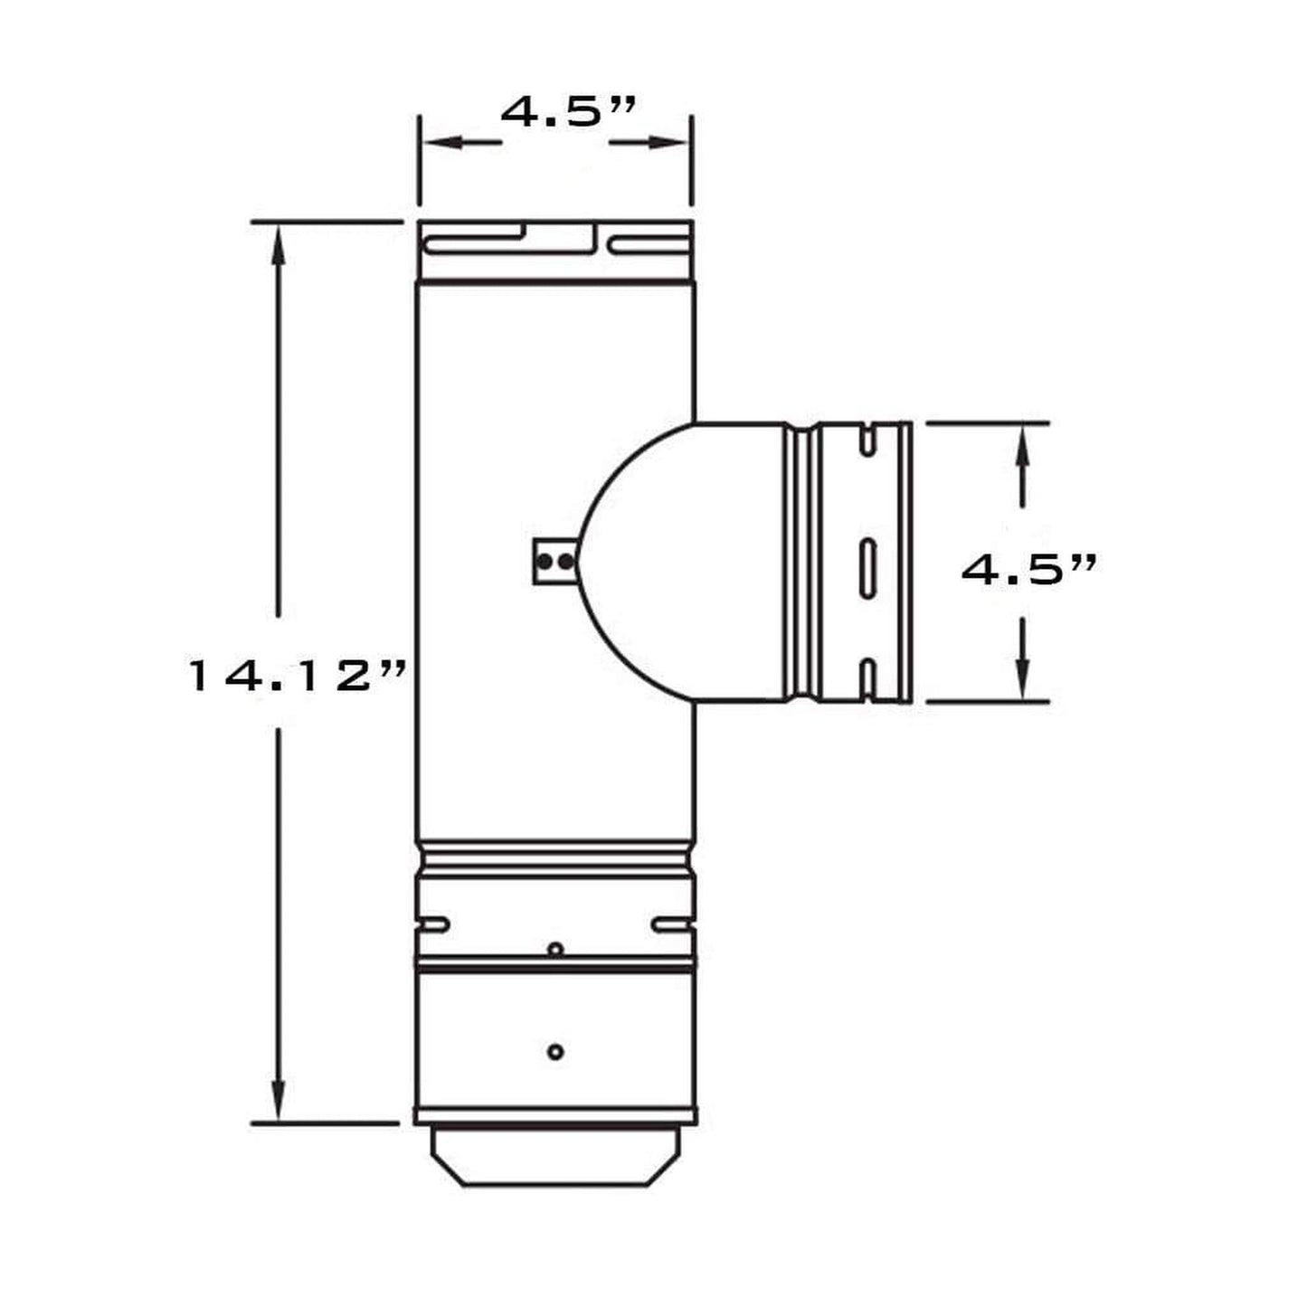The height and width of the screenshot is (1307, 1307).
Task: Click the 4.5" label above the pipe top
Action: click(568, 112)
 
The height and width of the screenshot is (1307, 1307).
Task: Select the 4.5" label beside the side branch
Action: click(1028, 570)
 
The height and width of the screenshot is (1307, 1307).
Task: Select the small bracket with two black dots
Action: click(554, 562)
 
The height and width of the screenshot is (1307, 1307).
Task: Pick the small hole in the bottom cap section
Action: click(555, 1052)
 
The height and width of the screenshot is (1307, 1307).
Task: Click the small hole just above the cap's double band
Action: click(555, 949)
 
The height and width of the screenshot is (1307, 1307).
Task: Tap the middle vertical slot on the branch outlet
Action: click(867, 568)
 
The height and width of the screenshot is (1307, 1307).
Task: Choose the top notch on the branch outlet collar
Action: click(867, 438)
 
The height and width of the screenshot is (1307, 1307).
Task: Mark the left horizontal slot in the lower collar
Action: click(432, 924)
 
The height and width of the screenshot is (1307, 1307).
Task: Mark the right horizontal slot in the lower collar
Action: click(673, 924)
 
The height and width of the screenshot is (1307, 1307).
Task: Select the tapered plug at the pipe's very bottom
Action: click(555, 1158)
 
